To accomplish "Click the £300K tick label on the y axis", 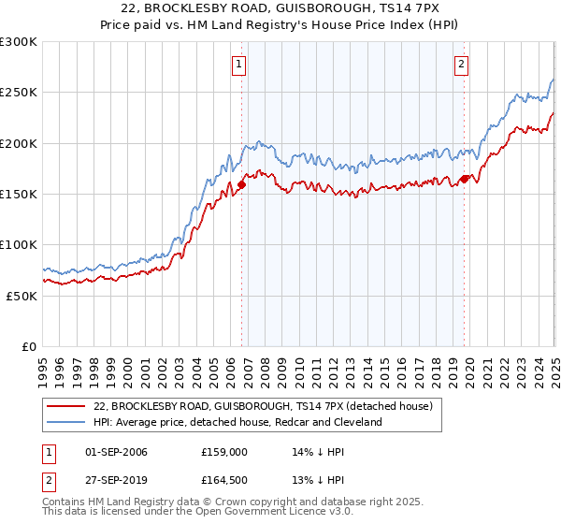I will tap(19, 42).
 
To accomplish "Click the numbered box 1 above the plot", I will tap(239, 65).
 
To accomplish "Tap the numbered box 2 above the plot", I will tap(462, 65).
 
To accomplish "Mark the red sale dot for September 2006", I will tap(241, 184).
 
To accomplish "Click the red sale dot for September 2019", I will tap(465, 179).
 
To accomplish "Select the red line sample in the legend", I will tap(66, 407).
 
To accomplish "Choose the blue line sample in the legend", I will tap(66, 423).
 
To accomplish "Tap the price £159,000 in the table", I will tap(223, 452).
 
